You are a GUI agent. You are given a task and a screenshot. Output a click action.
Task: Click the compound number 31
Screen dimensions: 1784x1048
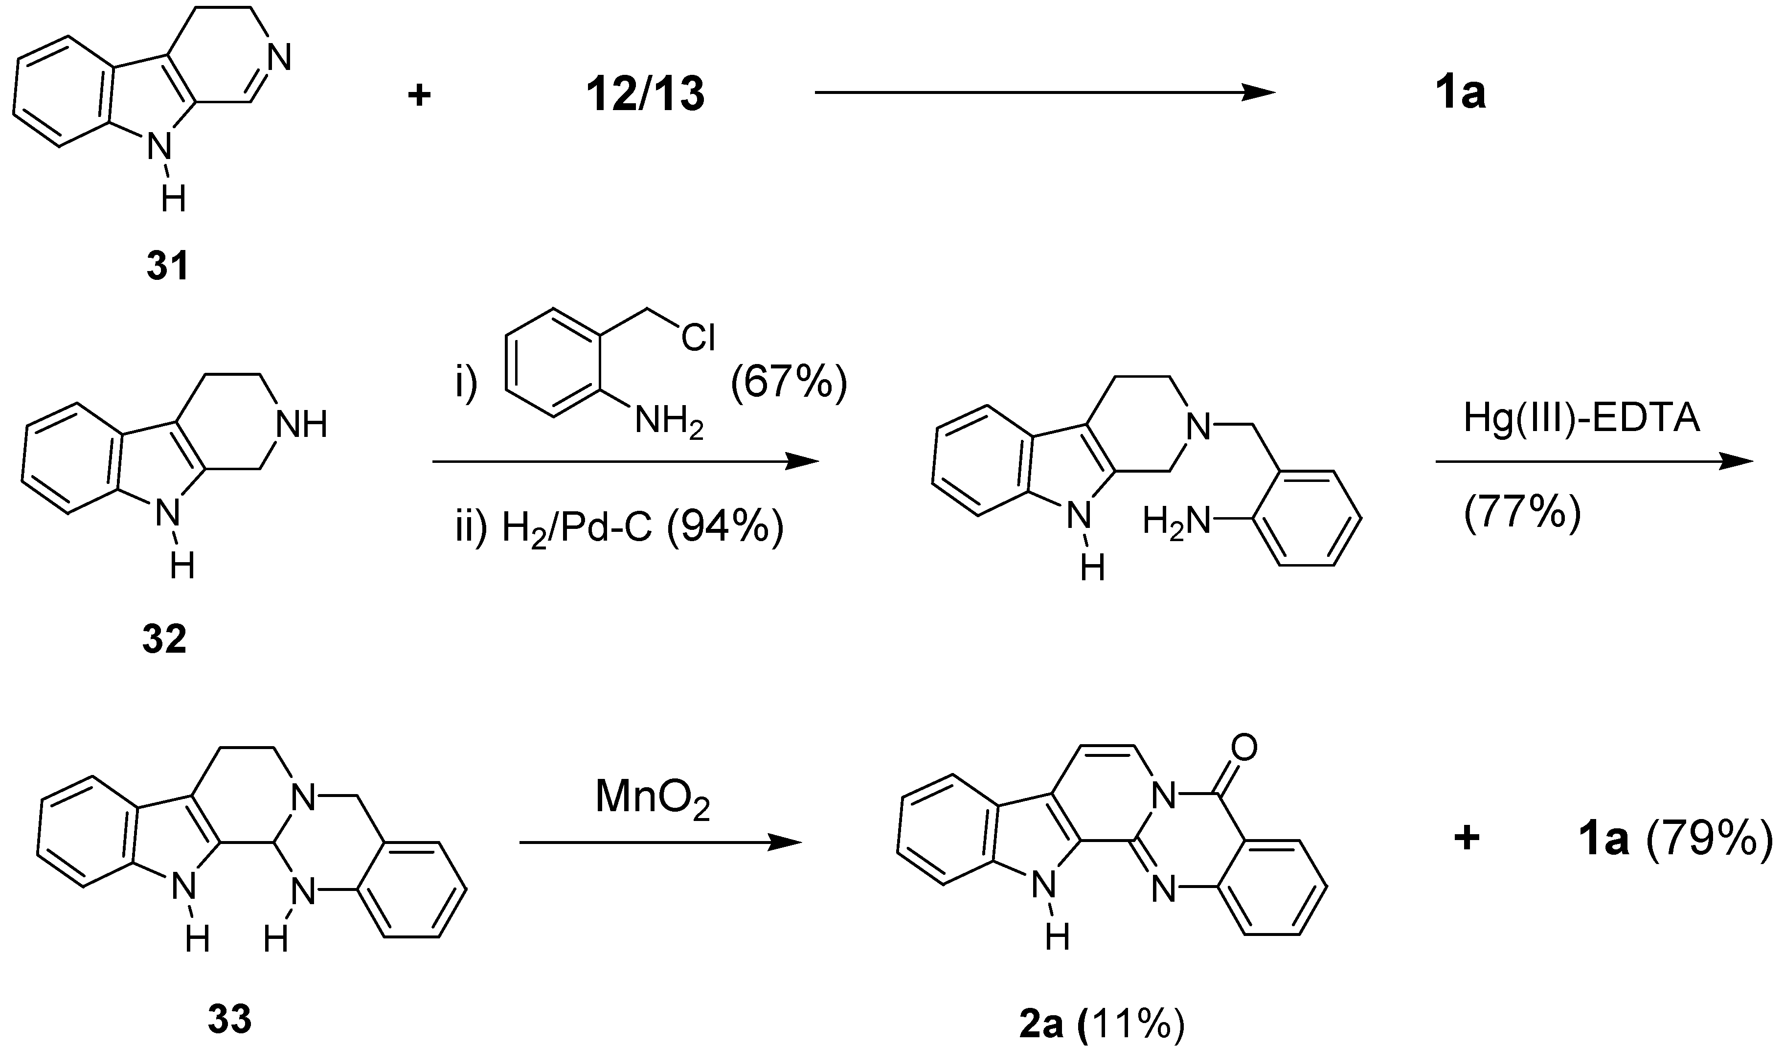point(168,267)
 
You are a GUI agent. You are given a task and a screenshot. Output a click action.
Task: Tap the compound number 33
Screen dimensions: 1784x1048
point(229,1021)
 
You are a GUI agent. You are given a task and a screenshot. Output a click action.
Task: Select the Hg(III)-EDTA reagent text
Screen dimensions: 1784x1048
point(1581,418)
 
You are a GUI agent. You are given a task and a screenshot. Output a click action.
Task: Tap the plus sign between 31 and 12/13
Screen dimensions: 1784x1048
point(419,95)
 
